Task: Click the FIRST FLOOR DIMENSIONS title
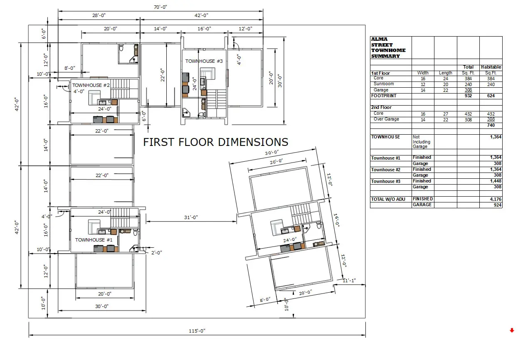(215, 142)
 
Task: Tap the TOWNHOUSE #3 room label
(204, 61)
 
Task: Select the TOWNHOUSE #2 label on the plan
(91, 85)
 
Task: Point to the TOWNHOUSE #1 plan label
(94, 240)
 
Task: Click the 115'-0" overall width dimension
(197, 331)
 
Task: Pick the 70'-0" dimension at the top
(160, 7)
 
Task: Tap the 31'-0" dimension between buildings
(191, 217)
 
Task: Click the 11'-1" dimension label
(349, 281)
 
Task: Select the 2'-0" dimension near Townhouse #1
(157, 253)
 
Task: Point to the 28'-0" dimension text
(99, 15)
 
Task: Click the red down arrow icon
(512, 330)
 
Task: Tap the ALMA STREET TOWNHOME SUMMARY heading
(388, 47)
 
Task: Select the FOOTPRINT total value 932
(468, 96)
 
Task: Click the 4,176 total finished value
(496, 199)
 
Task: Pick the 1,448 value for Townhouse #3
(496, 181)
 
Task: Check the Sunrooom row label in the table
(384, 84)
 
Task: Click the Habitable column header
(491, 67)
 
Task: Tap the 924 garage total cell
(497, 205)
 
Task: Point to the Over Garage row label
(386, 119)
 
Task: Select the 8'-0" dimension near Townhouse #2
(69, 68)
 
